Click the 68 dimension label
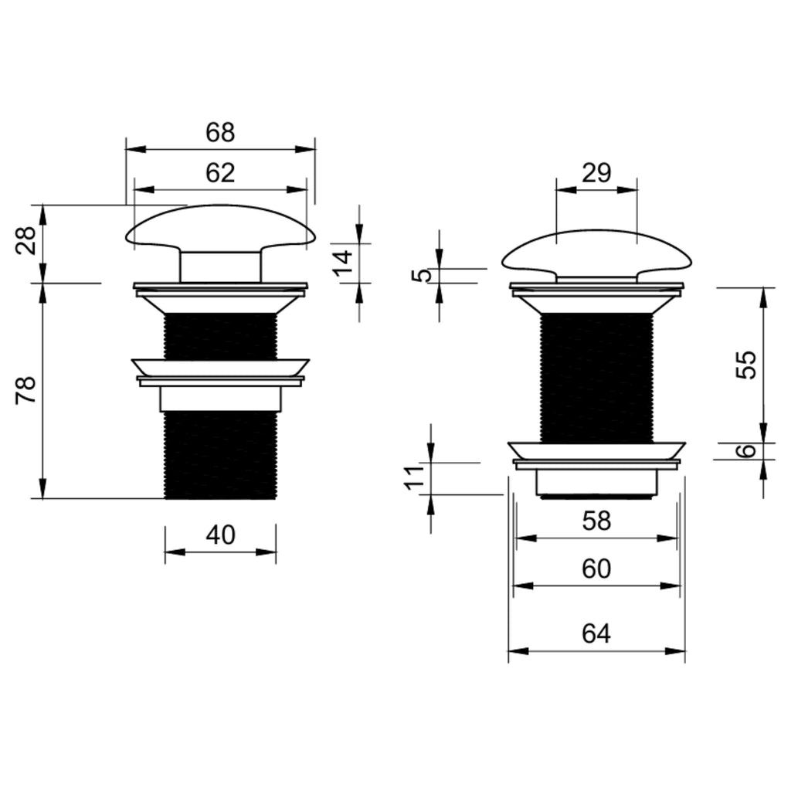pos(220,133)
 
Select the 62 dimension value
pos(220,173)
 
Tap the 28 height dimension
pos(26,241)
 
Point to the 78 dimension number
pos(26,390)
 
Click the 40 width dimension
pos(220,535)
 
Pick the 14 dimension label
pos(344,263)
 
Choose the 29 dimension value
pos(596,173)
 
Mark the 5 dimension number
pos(424,276)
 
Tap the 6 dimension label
pos(747,450)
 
